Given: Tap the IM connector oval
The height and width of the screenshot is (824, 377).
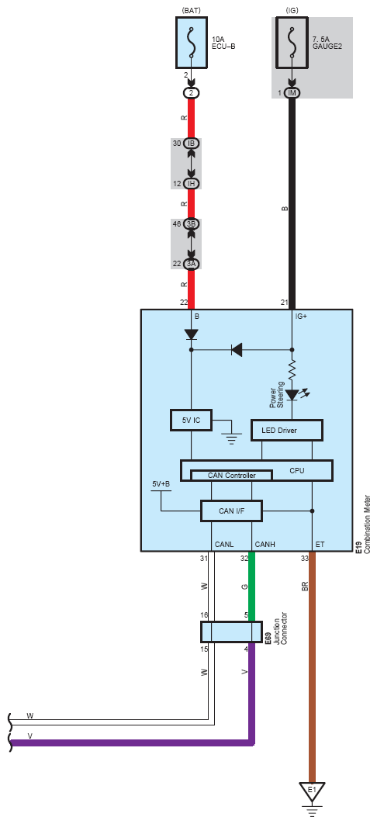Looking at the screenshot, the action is pyautogui.click(x=292, y=93).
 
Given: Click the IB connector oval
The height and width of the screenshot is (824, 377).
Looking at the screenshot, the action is pyautogui.click(x=192, y=144).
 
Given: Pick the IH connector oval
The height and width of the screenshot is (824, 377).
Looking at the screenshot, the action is pyautogui.click(x=192, y=183).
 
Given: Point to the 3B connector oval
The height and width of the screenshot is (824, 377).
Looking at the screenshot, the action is pyautogui.click(x=192, y=224).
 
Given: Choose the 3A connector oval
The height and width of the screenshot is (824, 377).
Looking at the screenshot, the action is pyautogui.click(x=192, y=264).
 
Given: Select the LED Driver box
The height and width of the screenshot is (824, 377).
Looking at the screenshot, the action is pyautogui.click(x=286, y=431).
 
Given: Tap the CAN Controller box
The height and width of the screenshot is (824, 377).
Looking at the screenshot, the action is pyautogui.click(x=232, y=475).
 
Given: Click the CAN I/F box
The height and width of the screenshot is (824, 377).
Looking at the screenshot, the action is pyautogui.click(x=232, y=511).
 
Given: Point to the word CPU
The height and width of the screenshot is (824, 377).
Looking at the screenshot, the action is pyautogui.click(x=297, y=471).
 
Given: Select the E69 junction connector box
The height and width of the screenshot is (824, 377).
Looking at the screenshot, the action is pyautogui.click(x=232, y=632).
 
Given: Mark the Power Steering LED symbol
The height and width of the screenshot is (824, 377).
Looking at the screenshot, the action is pyautogui.click(x=292, y=393).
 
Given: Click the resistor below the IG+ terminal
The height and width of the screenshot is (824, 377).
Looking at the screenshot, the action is pyautogui.click(x=292, y=370).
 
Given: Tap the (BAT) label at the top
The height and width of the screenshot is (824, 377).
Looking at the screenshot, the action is pyautogui.click(x=191, y=10).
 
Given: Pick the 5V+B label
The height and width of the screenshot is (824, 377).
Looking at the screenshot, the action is pyautogui.click(x=161, y=484).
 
